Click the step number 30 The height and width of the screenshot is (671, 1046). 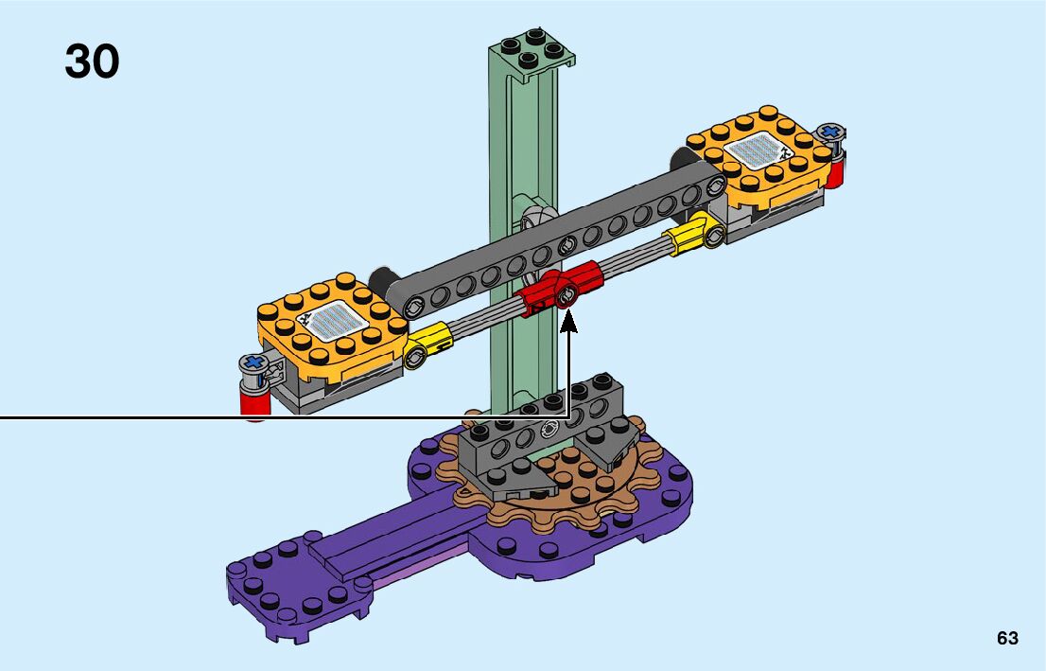click(92, 62)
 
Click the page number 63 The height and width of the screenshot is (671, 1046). click(1007, 638)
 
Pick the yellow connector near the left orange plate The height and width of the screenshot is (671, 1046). click(427, 344)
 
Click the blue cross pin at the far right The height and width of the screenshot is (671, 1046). click(831, 132)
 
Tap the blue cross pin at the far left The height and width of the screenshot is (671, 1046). click(253, 363)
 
